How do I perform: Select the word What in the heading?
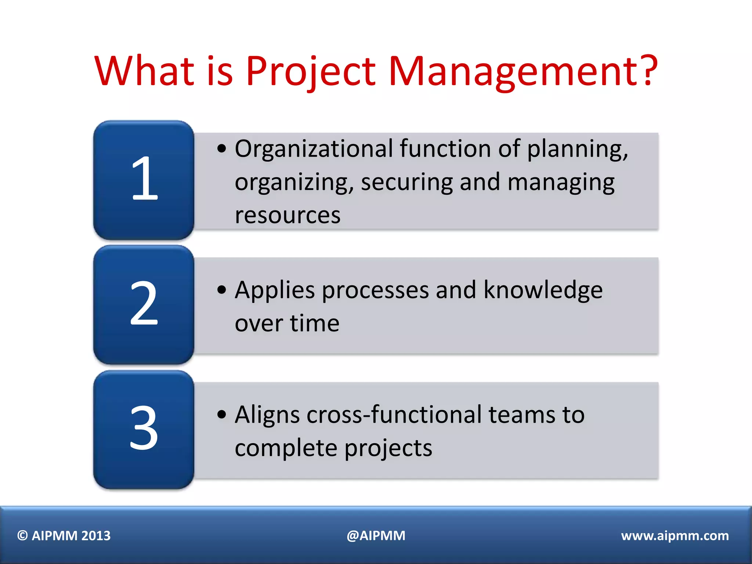(144, 71)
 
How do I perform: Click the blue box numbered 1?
(144, 180)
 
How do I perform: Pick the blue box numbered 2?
(144, 304)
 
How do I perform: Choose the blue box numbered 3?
(144, 429)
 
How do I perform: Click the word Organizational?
(314, 149)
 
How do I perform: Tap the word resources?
(288, 215)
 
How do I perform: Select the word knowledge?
(543, 290)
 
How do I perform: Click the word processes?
(375, 290)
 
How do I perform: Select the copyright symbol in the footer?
(23, 536)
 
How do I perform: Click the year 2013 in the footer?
(96, 536)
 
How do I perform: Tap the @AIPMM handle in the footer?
(376, 536)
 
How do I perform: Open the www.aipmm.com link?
(675, 536)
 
